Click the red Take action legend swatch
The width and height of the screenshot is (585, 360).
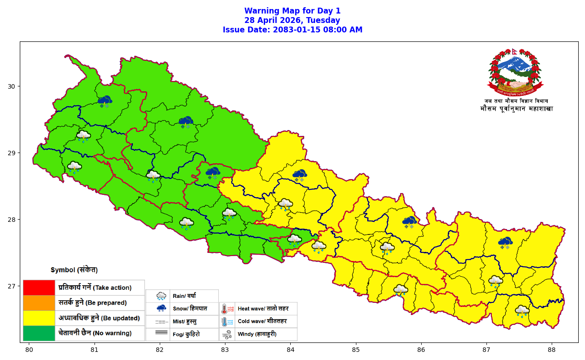pyautogui.click(x=39, y=288)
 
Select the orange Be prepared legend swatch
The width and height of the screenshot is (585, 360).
pyautogui.click(x=39, y=303)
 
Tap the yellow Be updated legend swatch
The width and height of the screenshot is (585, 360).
pyautogui.click(x=39, y=318)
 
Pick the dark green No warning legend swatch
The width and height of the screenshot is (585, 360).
pyautogui.click(x=39, y=333)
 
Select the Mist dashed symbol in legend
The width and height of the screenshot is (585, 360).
pyautogui.click(x=161, y=322)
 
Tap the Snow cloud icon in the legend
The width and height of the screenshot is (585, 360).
pyautogui.click(x=161, y=309)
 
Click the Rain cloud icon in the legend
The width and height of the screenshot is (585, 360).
pyautogui.click(x=161, y=296)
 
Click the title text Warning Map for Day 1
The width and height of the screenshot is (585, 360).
pyautogui.click(x=292, y=11)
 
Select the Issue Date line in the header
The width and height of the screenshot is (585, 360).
pyautogui.click(x=292, y=30)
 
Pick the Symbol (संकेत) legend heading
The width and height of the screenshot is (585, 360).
pyautogui.click(x=74, y=270)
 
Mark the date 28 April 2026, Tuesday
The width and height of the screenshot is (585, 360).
pyautogui.click(x=292, y=20)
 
